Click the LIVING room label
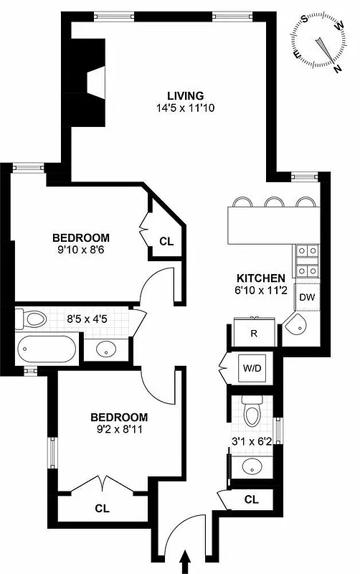[186, 95]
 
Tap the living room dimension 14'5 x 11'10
[186, 108]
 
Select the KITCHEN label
[262, 278]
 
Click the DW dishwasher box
[307, 297]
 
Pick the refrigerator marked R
[253, 333]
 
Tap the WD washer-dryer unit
[252, 370]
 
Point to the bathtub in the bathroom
[45, 349]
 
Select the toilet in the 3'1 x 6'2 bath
[252, 413]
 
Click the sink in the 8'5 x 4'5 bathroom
[106, 349]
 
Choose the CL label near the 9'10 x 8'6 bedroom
[166, 242]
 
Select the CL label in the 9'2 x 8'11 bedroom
[102, 508]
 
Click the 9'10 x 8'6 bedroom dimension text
[81, 251]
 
